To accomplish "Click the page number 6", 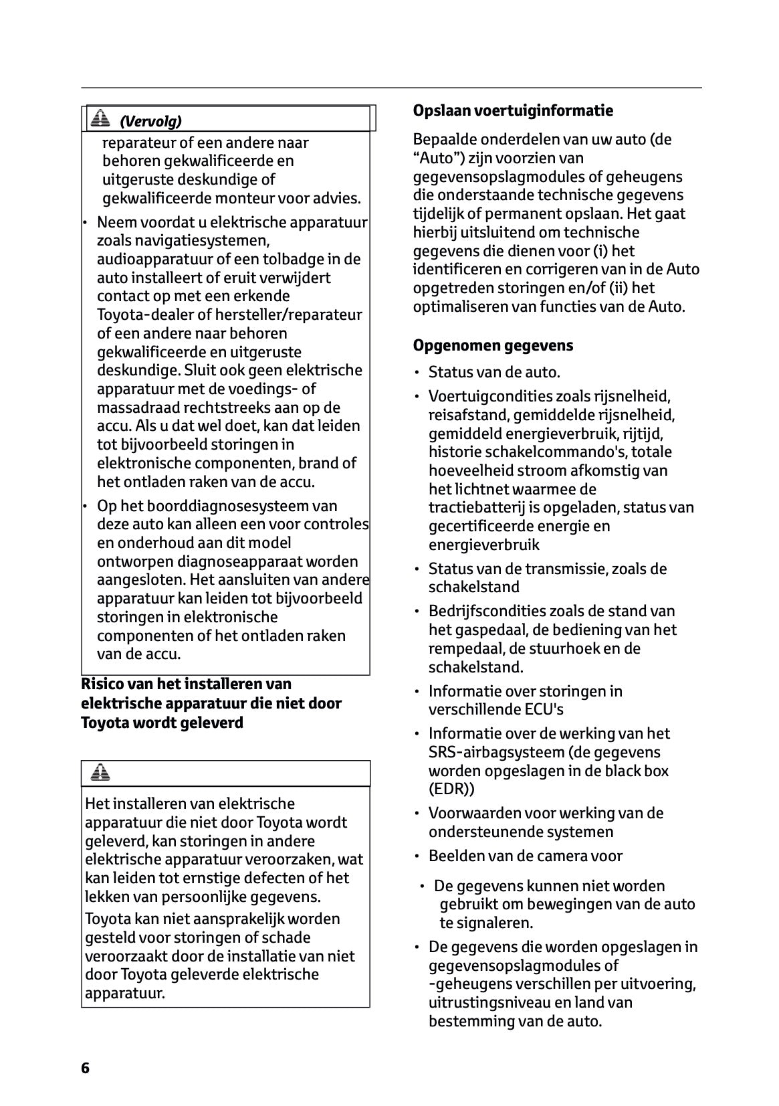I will (x=85, y=1068).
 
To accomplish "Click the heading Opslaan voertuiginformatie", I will (x=513, y=110).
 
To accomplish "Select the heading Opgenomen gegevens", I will (x=493, y=346).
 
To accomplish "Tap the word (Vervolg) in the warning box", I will (x=150, y=121).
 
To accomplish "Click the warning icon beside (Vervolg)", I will (x=100, y=119).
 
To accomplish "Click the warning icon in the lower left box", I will (x=100, y=773).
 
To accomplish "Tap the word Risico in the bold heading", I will (x=104, y=684).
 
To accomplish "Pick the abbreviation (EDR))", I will (x=451, y=789).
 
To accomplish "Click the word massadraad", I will (x=138, y=407).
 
